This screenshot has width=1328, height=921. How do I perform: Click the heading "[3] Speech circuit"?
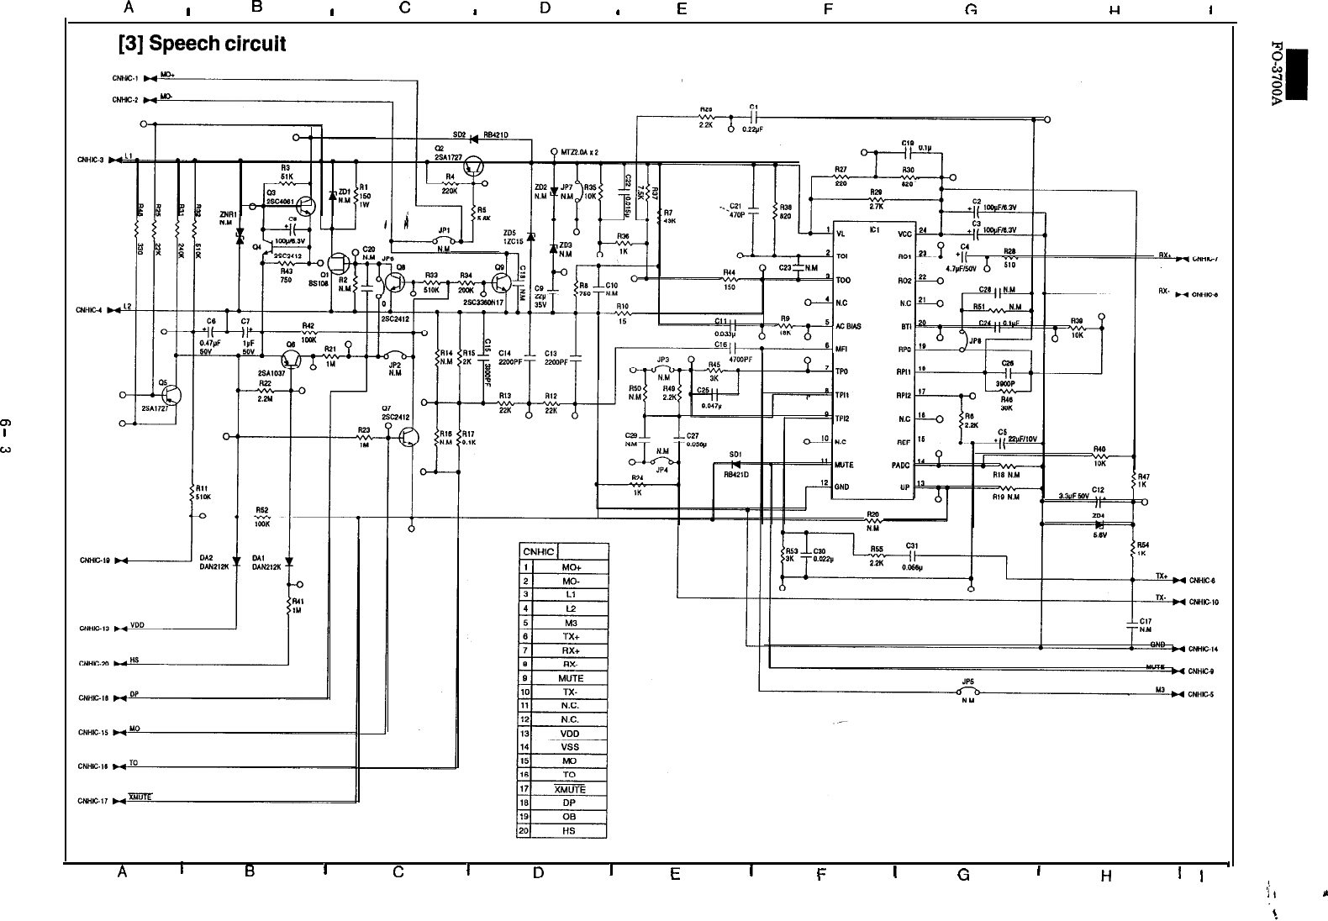click(203, 44)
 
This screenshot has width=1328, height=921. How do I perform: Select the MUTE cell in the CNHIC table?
click(570, 678)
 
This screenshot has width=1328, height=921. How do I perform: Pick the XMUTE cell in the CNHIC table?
click(570, 789)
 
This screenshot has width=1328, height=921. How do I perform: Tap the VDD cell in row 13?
click(570, 734)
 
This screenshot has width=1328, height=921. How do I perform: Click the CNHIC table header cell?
click(539, 552)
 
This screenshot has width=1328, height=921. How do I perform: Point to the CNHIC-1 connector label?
click(124, 78)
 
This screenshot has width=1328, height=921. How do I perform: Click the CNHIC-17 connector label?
click(93, 802)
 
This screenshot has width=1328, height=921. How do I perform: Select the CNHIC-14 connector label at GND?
click(1204, 649)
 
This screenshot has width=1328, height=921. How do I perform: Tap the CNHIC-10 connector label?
click(1204, 603)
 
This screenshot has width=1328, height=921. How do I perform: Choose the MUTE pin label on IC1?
click(844, 464)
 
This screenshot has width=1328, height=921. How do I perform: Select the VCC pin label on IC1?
click(904, 234)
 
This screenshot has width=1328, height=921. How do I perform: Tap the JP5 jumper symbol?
click(967, 693)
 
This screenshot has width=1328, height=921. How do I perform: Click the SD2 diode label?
click(459, 134)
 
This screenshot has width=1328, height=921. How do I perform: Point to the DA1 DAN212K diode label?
click(265, 562)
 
